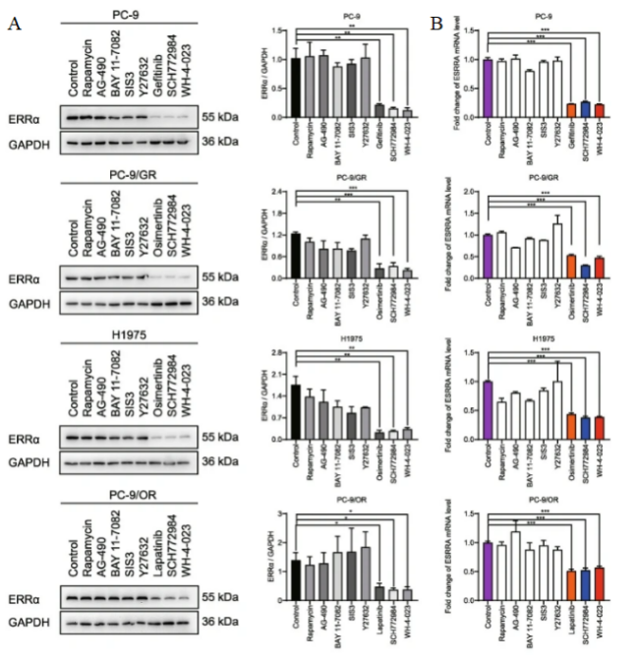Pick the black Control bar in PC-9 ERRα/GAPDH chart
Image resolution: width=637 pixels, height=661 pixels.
pos(296,88)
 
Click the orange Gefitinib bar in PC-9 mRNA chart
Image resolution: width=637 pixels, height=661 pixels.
pos(571,111)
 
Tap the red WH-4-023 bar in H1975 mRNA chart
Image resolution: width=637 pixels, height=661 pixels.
pos(599,431)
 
